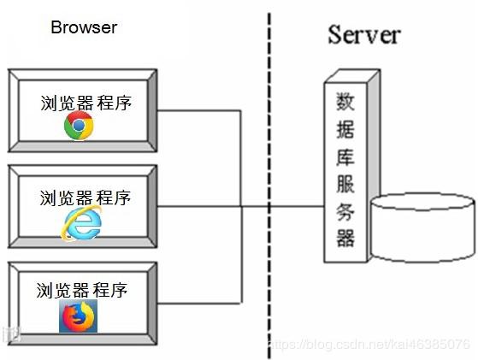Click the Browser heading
[83, 27]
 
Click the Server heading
[363, 35]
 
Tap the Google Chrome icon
[79, 127]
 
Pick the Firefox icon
[79, 316]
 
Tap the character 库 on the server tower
[345, 157]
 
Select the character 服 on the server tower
[345, 184]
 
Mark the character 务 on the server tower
[345, 210]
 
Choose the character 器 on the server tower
[345, 237]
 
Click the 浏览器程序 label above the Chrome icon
[86, 103]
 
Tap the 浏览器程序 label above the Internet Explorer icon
[86, 198]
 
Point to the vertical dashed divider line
[269, 171]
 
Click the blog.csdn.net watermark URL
[369, 344]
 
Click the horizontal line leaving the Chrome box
[201, 110]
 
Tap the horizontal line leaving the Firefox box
[201, 302]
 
